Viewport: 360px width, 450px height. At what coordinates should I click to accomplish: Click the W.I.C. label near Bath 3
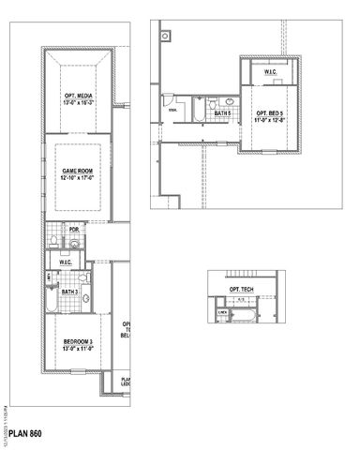point(67,262)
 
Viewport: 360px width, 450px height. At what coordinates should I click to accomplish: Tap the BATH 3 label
point(68,292)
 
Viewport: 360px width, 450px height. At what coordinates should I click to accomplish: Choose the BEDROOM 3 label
point(76,340)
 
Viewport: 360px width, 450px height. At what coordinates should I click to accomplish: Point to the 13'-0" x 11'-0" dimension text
point(76,349)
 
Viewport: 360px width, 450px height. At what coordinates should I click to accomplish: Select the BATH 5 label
point(222,112)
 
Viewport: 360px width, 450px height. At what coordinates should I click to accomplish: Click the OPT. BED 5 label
point(269,112)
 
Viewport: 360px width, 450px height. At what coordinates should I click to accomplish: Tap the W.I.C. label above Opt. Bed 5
point(269,71)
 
